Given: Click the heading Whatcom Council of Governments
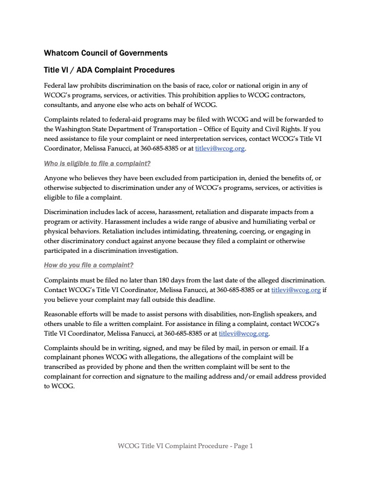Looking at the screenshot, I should click(106, 53).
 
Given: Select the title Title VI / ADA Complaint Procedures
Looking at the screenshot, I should click(109, 70).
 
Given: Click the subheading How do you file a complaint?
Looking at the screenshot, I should click(89, 265).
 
